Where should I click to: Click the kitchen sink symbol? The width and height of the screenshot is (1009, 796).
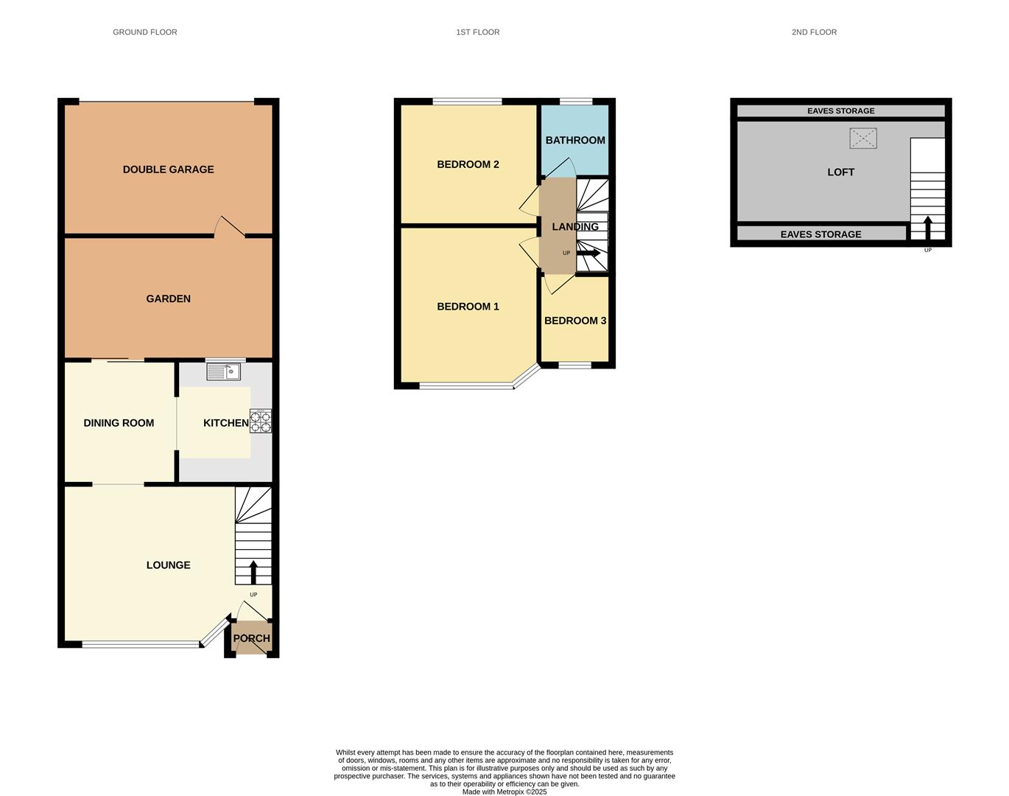coord(224,372)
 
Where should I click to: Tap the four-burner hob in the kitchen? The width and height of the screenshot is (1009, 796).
coord(261,421)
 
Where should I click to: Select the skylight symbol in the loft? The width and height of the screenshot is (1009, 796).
coord(863,138)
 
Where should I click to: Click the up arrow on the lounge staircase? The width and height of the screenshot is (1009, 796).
coord(253,572)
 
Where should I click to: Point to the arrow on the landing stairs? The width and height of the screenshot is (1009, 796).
coord(588,253)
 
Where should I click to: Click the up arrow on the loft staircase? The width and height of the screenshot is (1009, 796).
coord(928,227)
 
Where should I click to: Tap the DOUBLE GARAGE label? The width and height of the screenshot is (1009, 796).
coord(168,170)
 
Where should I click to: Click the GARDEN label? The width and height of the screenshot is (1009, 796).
coord(168,298)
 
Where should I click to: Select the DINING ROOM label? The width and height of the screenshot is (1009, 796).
coord(119,423)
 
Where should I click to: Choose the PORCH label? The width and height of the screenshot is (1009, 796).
coord(251,638)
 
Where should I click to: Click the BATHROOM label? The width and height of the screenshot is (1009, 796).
coord(575,140)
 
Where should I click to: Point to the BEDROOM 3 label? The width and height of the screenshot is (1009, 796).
coord(575,321)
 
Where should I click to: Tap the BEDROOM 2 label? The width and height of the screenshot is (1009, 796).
coord(468,164)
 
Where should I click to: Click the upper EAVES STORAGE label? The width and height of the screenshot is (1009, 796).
coord(840,111)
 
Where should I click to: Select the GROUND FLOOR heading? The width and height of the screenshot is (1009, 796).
coord(144,32)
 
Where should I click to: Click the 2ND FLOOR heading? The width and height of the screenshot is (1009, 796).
coord(814,32)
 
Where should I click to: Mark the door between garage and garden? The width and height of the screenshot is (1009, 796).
coord(229,228)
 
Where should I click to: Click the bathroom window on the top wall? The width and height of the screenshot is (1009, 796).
coord(576,102)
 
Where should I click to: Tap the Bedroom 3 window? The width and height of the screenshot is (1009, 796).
coord(574,365)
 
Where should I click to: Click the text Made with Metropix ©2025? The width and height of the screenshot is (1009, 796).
coord(504,792)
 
